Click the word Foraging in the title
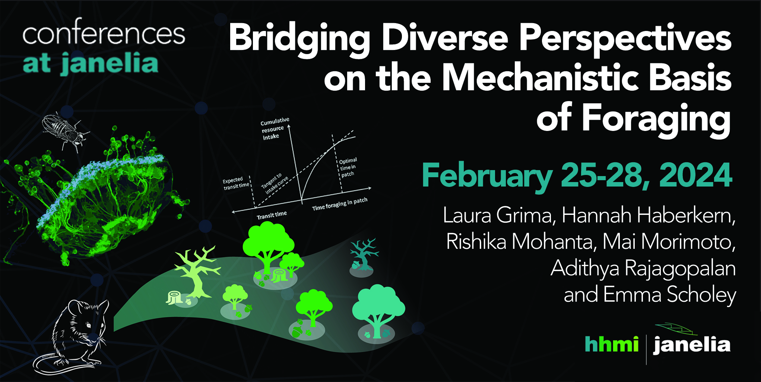(x=656, y=119)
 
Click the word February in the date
(x=487, y=177)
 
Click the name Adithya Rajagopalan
(x=643, y=269)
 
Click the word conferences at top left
(x=104, y=34)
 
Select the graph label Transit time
(x=272, y=215)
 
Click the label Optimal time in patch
(x=348, y=167)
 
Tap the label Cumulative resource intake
(x=275, y=129)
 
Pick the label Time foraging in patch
(x=340, y=204)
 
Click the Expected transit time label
(x=236, y=184)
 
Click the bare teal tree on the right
(x=364, y=254)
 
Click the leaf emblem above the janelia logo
(x=676, y=329)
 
